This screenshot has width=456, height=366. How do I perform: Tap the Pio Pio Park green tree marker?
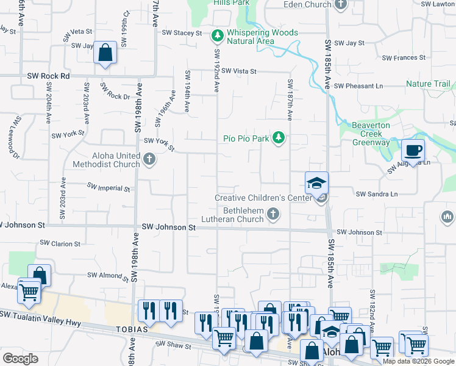(279, 138)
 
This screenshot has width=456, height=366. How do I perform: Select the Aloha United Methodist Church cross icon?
(150, 160)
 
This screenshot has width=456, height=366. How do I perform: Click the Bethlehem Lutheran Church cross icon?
(274, 215)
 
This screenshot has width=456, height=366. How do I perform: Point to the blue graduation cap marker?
(317, 183)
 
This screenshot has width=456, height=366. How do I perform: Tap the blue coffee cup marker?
(413, 150)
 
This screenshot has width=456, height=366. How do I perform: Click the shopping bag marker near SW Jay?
(105, 53)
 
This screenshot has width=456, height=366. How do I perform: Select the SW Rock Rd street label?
(49, 76)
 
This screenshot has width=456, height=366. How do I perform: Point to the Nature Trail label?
(428, 84)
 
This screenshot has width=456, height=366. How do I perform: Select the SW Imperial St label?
(109, 187)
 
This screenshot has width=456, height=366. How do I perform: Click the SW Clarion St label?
(60, 243)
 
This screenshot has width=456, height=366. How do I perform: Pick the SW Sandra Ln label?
(377, 194)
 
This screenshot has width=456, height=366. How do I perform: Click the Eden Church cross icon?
(341, 5)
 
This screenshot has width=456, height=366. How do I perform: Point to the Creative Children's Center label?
(264, 198)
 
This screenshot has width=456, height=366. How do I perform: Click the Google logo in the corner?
(21, 359)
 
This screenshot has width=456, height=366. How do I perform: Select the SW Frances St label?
(404, 58)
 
